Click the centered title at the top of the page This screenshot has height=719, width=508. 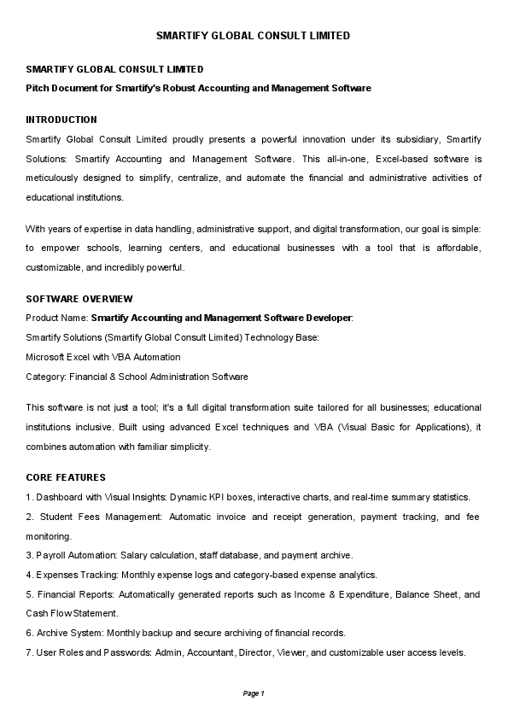pos(254,36)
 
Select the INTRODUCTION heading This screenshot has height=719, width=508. pos(61,120)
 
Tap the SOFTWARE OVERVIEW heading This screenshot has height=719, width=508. pos(79,299)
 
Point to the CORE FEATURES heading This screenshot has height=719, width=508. pos(66,477)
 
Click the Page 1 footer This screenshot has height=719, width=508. pos(254,693)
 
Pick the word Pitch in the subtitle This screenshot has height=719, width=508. pos(37,88)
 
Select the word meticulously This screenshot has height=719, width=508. pos(53,178)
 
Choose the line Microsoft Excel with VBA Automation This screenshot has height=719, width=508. pos(103,357)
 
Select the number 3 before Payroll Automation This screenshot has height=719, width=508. pos(29,555)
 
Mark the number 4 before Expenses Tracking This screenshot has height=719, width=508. pos(29,575)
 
